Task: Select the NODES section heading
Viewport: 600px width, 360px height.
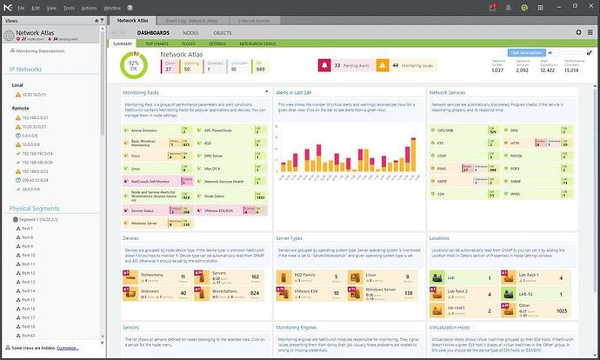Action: pos(190,31)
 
